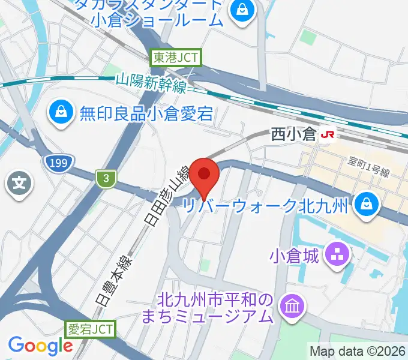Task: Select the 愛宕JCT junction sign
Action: pyautogui.click(x=89, y=329)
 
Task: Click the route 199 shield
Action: pyautogui.click(x=59, y=162)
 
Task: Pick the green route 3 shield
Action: pyautogui.click(x=105, y=178)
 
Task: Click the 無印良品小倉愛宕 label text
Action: pyautogui.click(x=146, y=113)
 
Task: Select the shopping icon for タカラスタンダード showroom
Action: pyautogui.click(x=242, y=10)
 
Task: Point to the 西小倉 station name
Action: pyautogui.click(x=293, y=134)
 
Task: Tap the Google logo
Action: pyautogui.click(x=40, y=346)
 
